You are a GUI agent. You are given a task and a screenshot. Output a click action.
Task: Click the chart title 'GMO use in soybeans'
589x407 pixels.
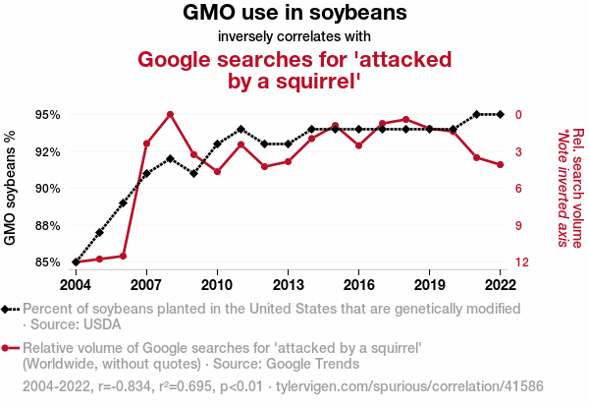[294, 14]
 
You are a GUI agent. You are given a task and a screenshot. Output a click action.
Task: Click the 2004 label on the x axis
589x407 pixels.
[76, 284]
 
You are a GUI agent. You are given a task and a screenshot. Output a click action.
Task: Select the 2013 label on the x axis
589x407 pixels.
[288, 284]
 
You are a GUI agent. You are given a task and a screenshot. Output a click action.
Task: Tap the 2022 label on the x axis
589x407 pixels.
[501, 284]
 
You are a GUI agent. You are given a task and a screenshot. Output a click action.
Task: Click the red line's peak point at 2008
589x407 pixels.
[170, 114]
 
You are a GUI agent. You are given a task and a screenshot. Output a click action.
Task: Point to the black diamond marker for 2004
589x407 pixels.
[76, 262]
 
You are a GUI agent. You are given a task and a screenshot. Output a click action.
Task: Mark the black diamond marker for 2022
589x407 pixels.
[501, 114]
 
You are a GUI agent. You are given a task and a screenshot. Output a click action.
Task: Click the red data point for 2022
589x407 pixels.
[501, 164]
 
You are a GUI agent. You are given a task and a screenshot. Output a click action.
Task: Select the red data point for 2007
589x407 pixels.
[146, 144]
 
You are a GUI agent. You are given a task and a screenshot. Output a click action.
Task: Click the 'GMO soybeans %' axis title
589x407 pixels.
[11, 188]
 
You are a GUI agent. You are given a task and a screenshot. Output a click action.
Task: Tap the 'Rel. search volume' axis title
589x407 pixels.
[578, 187]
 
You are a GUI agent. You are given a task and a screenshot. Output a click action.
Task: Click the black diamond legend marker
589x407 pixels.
[7, 310]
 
